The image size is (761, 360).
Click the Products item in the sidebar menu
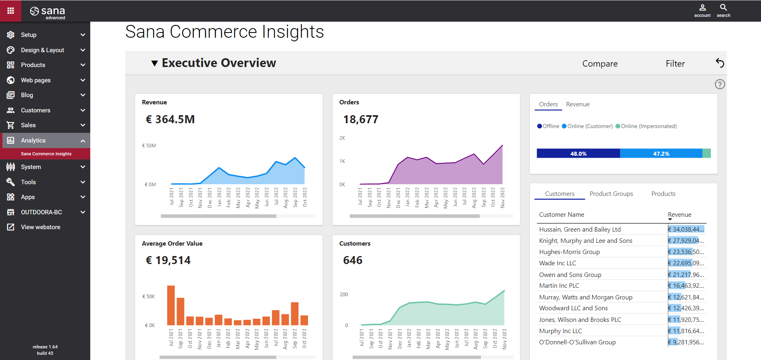(x=33, y=65)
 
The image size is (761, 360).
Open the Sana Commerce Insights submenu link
(x=46, y=154)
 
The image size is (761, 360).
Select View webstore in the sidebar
(x=41, y=227)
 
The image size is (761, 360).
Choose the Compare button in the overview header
(x=600, y=64)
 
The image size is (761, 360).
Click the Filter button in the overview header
(x=675, y=64)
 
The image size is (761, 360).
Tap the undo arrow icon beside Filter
(x=720, y=63)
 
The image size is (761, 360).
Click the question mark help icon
(x=720, y=84)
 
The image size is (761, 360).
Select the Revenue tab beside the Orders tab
(x=578, y=104)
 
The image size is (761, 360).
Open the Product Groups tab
(x=611, y=194)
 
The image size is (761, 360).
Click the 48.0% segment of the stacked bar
(x=578, y=154)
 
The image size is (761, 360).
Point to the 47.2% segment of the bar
(x=661, y=154)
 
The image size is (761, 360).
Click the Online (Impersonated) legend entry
(x=648, y=126)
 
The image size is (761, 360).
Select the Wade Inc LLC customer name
(x=557, y=263)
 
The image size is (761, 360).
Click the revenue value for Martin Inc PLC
(x=686, y=286)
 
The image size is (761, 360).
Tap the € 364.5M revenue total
(x=170, y=120)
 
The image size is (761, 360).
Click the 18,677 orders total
(x=361, y=120)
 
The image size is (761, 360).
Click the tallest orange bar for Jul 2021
(x=171, y=305)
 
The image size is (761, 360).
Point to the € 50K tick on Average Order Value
(x=148, y=297)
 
